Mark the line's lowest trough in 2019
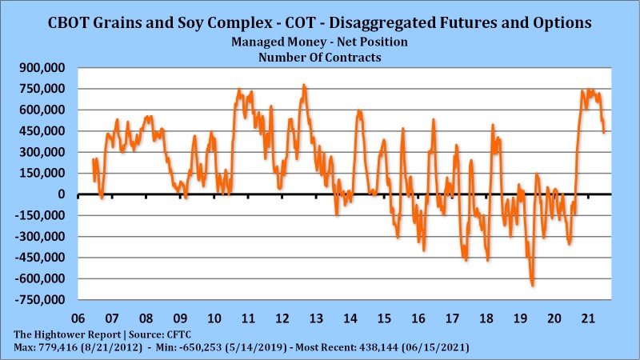tap(532, 285)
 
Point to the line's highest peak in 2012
tap(304, 85)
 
